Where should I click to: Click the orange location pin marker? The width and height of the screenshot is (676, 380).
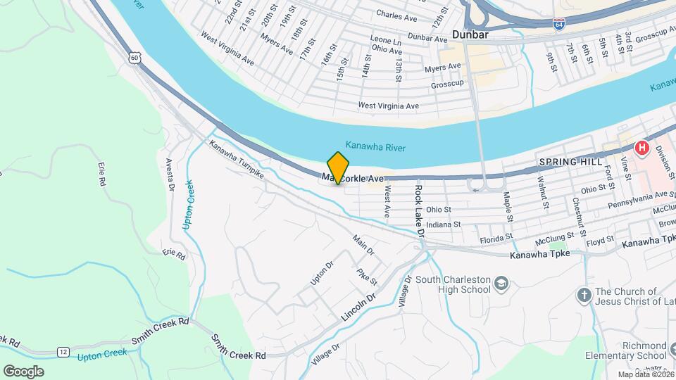click(x=339, y=167)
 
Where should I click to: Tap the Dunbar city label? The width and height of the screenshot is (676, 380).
click(x=471, y=34)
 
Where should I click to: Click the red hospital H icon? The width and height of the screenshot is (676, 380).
click(x=641, y=148)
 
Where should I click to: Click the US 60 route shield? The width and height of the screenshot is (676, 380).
click(x=134, y=58)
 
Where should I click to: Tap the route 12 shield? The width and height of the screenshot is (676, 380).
click(x=63, y=350)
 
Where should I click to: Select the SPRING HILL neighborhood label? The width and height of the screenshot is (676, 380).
click(x=568, y=162)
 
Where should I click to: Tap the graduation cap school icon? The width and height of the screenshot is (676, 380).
click(x=501, y=284)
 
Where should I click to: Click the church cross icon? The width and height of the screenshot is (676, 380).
click(x=584, y=296)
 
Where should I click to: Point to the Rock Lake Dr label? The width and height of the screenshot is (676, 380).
click(x=420, y=209)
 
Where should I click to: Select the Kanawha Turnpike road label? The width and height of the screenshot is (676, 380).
click(x=236, y=159)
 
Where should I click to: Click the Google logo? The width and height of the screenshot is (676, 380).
click(x=23, y=371)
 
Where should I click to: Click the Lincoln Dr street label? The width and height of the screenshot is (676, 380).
click(x=359, y=308)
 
